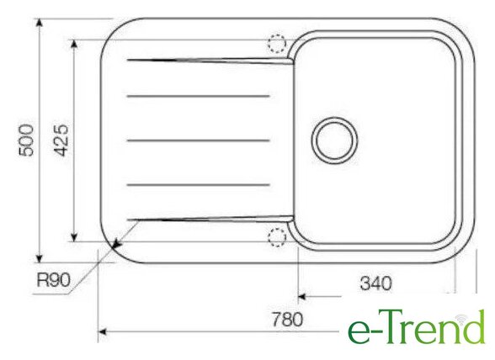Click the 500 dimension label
pyautogui.click(x=26, y=140)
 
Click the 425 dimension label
pyautogui.click(x=61, y=140)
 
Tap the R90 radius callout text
pyautogui.click(x=53, y=279)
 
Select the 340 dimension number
pyautogui.click(x=375, y=283)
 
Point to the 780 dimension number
pyautogui.click(x=287, y=320)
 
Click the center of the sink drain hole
pyautogui.click(x=335, y=140)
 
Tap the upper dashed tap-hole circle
pyautogui.click(x=277, y=43)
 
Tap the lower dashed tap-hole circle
pyautogui.click(x=277, y=237)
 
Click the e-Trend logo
pyautogui.click(x=416, y=326)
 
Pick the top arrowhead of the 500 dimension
pyautogui.click(x=39, y=24)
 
